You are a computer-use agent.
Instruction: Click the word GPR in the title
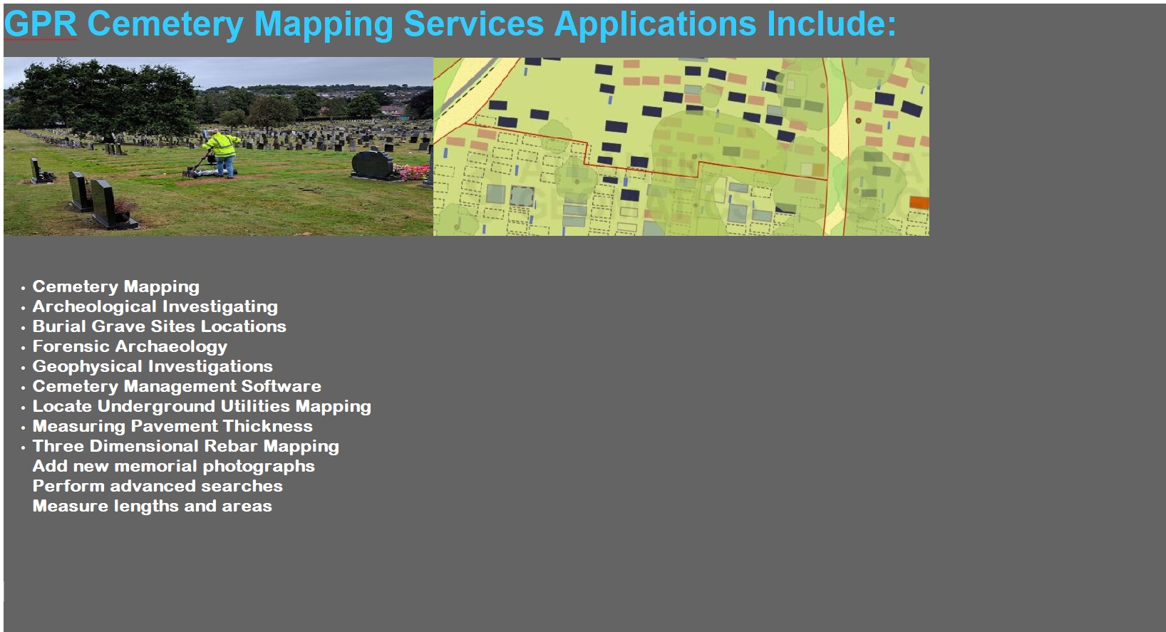(41, 24)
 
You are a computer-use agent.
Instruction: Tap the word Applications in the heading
(656, 25)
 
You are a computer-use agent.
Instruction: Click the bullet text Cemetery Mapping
(116, 287)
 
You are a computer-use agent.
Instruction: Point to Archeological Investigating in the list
(155, 306)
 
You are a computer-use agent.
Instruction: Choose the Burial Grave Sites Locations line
(159, 326)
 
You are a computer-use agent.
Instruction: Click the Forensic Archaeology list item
(130, 347)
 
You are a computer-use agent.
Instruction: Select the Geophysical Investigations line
(153, 366)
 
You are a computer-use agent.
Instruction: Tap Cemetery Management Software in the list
(177, 386)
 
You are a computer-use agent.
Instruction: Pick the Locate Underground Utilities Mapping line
(202, 407)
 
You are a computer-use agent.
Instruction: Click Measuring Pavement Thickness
(172, 426)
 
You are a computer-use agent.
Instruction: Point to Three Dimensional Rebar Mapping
(186, 446)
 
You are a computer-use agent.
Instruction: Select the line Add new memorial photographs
(174, 467)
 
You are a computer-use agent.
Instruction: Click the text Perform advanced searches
(158, 486)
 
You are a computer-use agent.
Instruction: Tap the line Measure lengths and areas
(153, 506)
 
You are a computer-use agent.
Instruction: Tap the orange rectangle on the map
(919, 202)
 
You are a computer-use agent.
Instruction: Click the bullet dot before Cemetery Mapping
(23, 288)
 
